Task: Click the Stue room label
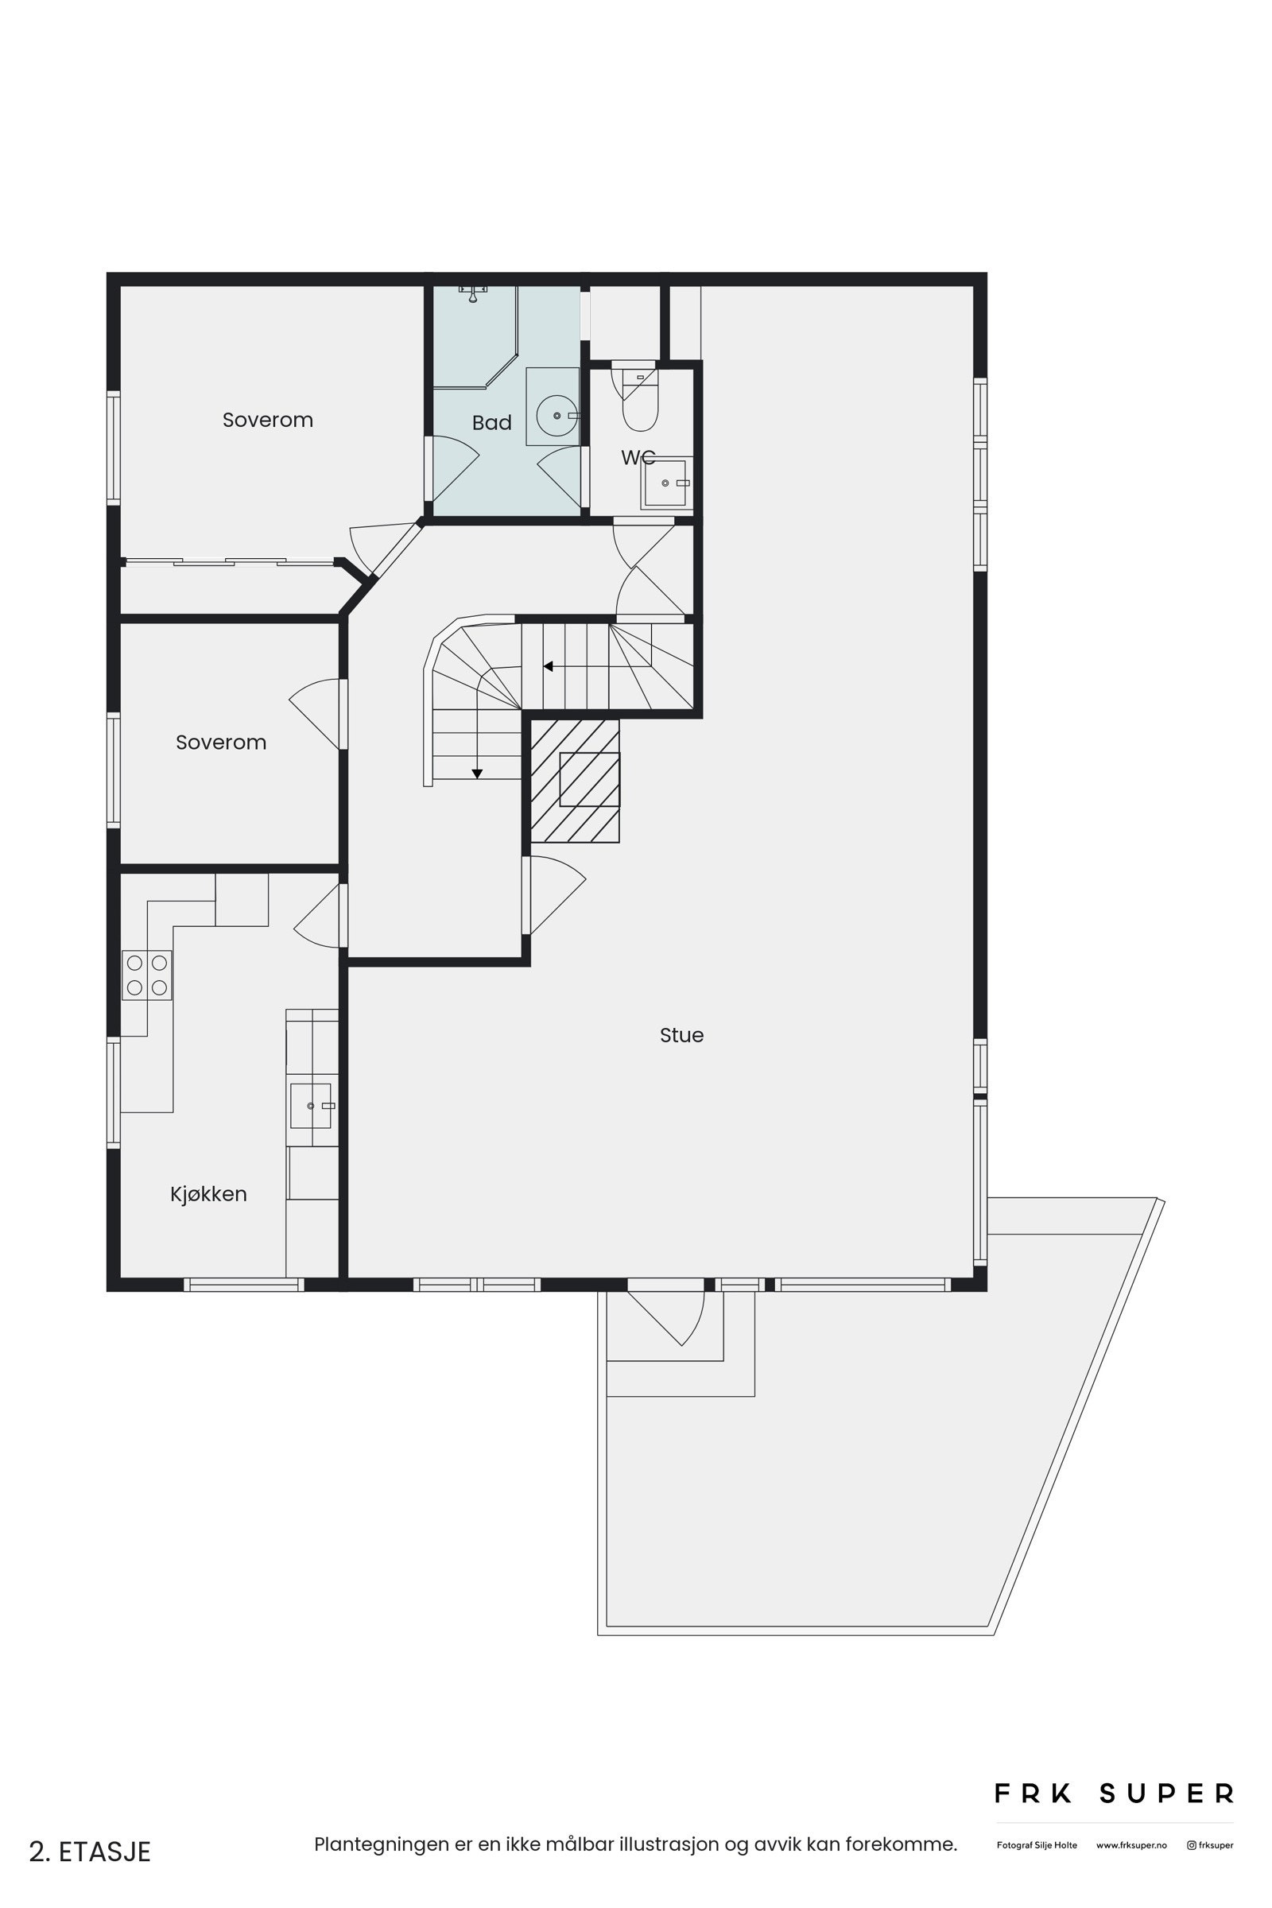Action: (x=681, y=1035)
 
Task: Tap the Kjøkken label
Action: (x=208, y=1194)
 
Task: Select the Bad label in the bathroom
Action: (x=491, y=423)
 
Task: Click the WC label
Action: (x=638, y=458)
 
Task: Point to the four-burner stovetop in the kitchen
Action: (x=147, y=975)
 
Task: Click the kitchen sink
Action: (x=311, y=1106)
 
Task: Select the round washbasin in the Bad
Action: (x=557, y=415)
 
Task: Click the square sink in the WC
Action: (x=665, y=483)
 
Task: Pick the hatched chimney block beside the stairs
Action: (x=575, y=781)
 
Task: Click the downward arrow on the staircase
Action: (x=477, y=774)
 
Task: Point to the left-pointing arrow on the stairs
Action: (x=549, y=667)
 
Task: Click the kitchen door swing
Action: (x=318, y=917)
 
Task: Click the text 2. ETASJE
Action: (x=90, y=1852)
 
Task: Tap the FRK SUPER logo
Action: (x=1114, y=1794)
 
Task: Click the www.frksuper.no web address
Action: (x=1130, y=1844)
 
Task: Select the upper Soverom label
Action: (x=268, y=421)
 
